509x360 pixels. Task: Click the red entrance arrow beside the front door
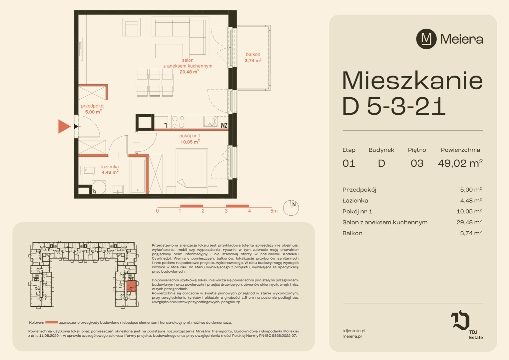point(64,126)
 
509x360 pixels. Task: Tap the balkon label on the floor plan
point(253,54)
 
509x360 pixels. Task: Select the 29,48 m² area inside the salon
point(189,72)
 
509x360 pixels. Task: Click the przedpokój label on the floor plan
point(93,106)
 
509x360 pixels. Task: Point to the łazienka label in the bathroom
point(110,167)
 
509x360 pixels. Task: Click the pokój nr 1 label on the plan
point(190,136)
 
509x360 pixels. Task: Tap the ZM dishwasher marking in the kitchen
point(224,125)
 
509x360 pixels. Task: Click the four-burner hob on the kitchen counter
point(178,122)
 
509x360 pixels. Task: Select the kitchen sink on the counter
point(211,121)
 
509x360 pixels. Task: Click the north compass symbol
point(291,208)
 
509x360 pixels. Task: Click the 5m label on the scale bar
point(274,211)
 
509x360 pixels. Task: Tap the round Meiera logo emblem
point(426,39)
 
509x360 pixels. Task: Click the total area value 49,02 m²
point(460,163)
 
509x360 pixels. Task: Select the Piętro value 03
point(417,164)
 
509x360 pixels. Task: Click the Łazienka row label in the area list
point(355,201)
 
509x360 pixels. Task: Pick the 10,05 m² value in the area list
point(469,211)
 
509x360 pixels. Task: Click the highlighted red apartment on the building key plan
point(131,286)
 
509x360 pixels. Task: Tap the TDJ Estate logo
point(467,325)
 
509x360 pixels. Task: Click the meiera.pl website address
point(352,336)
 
